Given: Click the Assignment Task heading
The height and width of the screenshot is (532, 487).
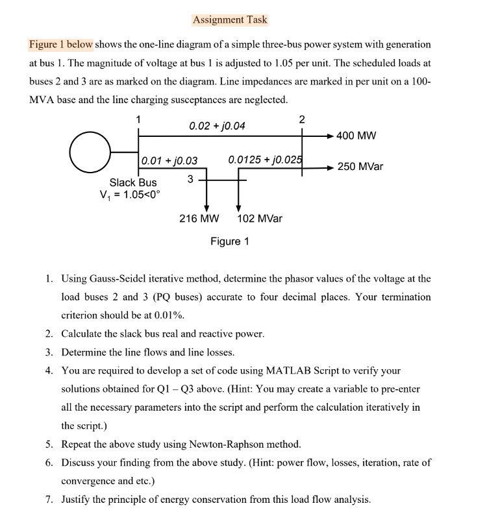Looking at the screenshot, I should click(x=230, y=19).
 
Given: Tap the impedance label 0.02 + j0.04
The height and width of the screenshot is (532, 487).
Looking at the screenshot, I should click(x=217, y=125).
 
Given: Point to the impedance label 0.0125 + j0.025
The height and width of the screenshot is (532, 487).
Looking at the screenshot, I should click(x=265, y=160).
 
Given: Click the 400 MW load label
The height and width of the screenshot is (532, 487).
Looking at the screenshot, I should click(x=356, y=136).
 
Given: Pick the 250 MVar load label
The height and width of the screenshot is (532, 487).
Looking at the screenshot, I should click(x=360, y=167).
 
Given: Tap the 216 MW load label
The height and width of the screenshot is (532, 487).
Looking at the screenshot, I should click(x=199, y=219).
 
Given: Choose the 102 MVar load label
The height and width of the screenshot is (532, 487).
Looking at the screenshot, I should click(x=260, y=219).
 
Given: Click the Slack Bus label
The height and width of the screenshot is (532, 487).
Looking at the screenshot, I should click(x=133, y=183).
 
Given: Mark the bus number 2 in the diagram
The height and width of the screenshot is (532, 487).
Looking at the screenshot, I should click(x=301, y=119).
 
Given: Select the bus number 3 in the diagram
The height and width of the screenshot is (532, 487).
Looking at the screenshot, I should click(x=190, y=178).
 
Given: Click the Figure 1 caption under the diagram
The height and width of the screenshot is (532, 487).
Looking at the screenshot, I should click(x=230, y=241).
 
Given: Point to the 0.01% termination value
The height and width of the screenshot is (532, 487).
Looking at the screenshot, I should click(x=168, y=315).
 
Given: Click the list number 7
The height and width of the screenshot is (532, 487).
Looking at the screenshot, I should click(x=49, y=500).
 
